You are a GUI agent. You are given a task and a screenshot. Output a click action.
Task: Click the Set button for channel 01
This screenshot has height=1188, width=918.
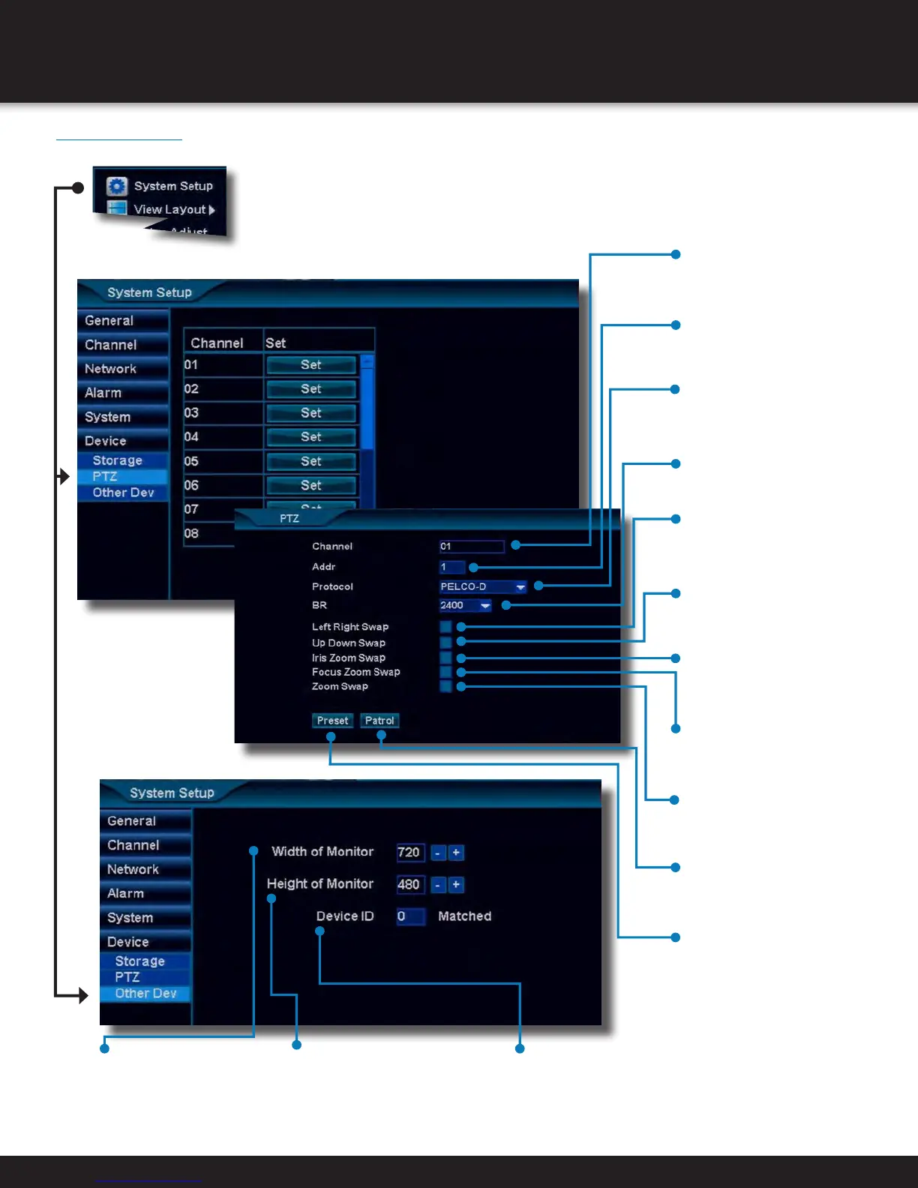310,365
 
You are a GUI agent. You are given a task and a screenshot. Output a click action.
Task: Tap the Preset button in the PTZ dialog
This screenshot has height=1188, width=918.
332,721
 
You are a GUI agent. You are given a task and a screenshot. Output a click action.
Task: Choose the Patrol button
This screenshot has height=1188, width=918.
379,721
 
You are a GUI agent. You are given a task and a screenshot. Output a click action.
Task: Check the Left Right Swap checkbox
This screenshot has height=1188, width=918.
445,627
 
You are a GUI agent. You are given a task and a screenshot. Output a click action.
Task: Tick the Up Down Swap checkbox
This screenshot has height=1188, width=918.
445,643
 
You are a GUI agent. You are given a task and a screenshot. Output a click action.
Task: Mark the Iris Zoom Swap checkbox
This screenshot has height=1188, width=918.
445,658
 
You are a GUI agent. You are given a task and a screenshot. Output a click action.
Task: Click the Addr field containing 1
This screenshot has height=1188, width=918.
451,567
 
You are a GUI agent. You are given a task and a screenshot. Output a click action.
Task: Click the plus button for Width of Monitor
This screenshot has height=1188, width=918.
456,853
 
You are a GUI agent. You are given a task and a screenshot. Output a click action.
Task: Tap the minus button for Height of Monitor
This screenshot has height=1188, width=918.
437,885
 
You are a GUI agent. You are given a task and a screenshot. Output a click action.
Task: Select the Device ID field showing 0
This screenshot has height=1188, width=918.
410,916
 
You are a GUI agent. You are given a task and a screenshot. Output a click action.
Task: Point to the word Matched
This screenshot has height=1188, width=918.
464,916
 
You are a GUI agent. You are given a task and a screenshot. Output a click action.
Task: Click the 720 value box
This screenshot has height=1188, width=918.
409,853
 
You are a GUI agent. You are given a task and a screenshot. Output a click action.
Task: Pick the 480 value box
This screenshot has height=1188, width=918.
409,885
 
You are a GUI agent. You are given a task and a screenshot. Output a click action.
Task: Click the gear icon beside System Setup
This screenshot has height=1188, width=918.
117,186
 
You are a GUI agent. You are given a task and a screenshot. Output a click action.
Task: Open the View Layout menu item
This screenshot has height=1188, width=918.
169,209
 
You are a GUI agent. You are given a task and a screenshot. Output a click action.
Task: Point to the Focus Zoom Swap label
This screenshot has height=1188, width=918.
355,672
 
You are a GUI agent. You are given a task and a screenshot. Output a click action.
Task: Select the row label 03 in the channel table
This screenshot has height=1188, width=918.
192,413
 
